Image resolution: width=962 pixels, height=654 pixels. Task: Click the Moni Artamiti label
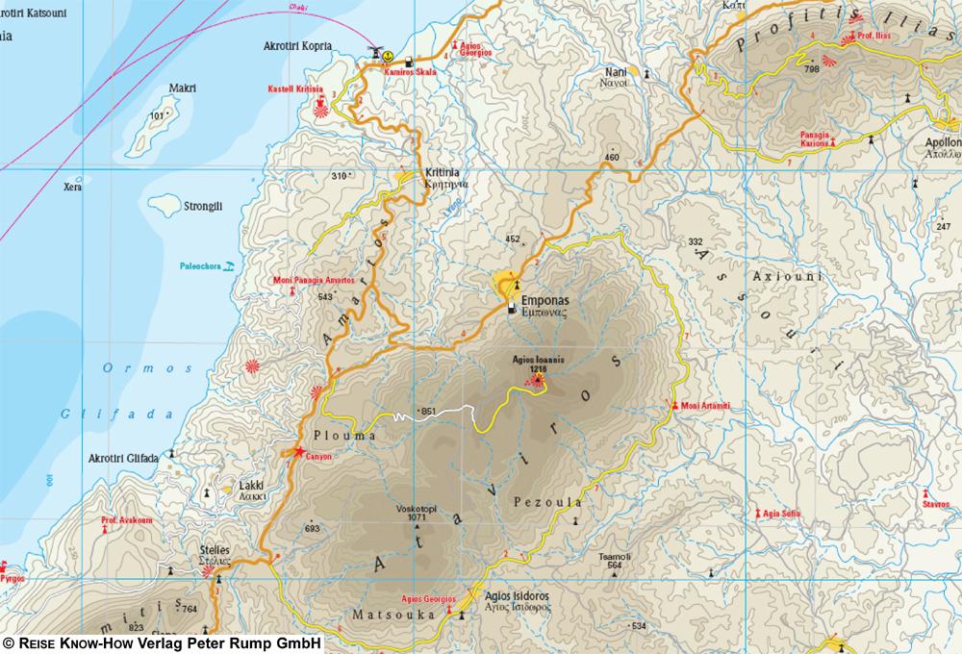(705, 406)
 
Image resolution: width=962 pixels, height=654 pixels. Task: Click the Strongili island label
(202, 206)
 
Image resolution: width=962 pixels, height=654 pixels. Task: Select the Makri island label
(182, 88)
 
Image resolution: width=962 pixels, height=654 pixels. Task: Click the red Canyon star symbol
(300, 451)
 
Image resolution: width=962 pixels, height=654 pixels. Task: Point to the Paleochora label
(199, 266)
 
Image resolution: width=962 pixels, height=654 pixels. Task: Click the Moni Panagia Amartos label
(314, 280)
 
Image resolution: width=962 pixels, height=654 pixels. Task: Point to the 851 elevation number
(428, 413)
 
